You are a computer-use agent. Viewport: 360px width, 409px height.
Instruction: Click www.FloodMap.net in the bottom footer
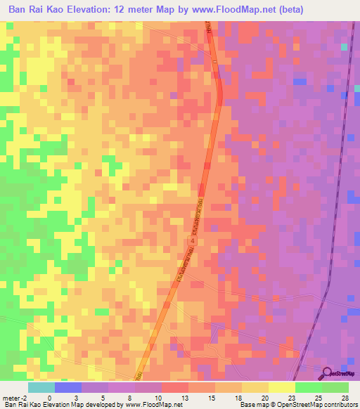[x=148, y=405]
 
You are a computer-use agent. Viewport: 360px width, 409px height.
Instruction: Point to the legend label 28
[x=345, y=397]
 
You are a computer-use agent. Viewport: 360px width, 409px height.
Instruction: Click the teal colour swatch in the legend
[x=41, y=387]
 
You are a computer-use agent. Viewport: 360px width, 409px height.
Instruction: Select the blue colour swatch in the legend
[x=67, y=387]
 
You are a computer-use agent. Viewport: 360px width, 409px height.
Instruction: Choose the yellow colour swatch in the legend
[x=281, y=387]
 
